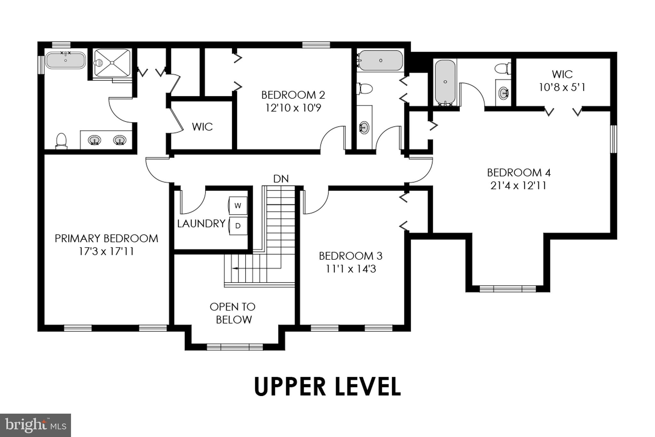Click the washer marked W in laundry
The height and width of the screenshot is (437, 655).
238,206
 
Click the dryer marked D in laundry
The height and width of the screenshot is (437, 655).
238,226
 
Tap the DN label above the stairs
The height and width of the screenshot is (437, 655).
281,179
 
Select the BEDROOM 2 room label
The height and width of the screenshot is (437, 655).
293,95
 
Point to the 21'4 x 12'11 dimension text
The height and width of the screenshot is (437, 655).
518,186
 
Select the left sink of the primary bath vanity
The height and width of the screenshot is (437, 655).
94,140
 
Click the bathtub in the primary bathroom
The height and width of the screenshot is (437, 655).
66,60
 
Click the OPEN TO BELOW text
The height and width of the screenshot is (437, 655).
233,313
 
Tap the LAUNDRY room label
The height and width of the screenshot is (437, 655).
201,224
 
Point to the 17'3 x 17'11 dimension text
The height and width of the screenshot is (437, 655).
106,251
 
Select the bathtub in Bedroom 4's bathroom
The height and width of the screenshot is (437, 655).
445,82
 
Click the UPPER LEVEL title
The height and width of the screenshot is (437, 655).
327,386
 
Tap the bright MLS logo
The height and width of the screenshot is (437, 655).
35,425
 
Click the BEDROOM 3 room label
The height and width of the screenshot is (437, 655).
351,256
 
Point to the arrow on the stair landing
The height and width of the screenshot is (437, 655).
235,268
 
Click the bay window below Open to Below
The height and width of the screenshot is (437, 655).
234,346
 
